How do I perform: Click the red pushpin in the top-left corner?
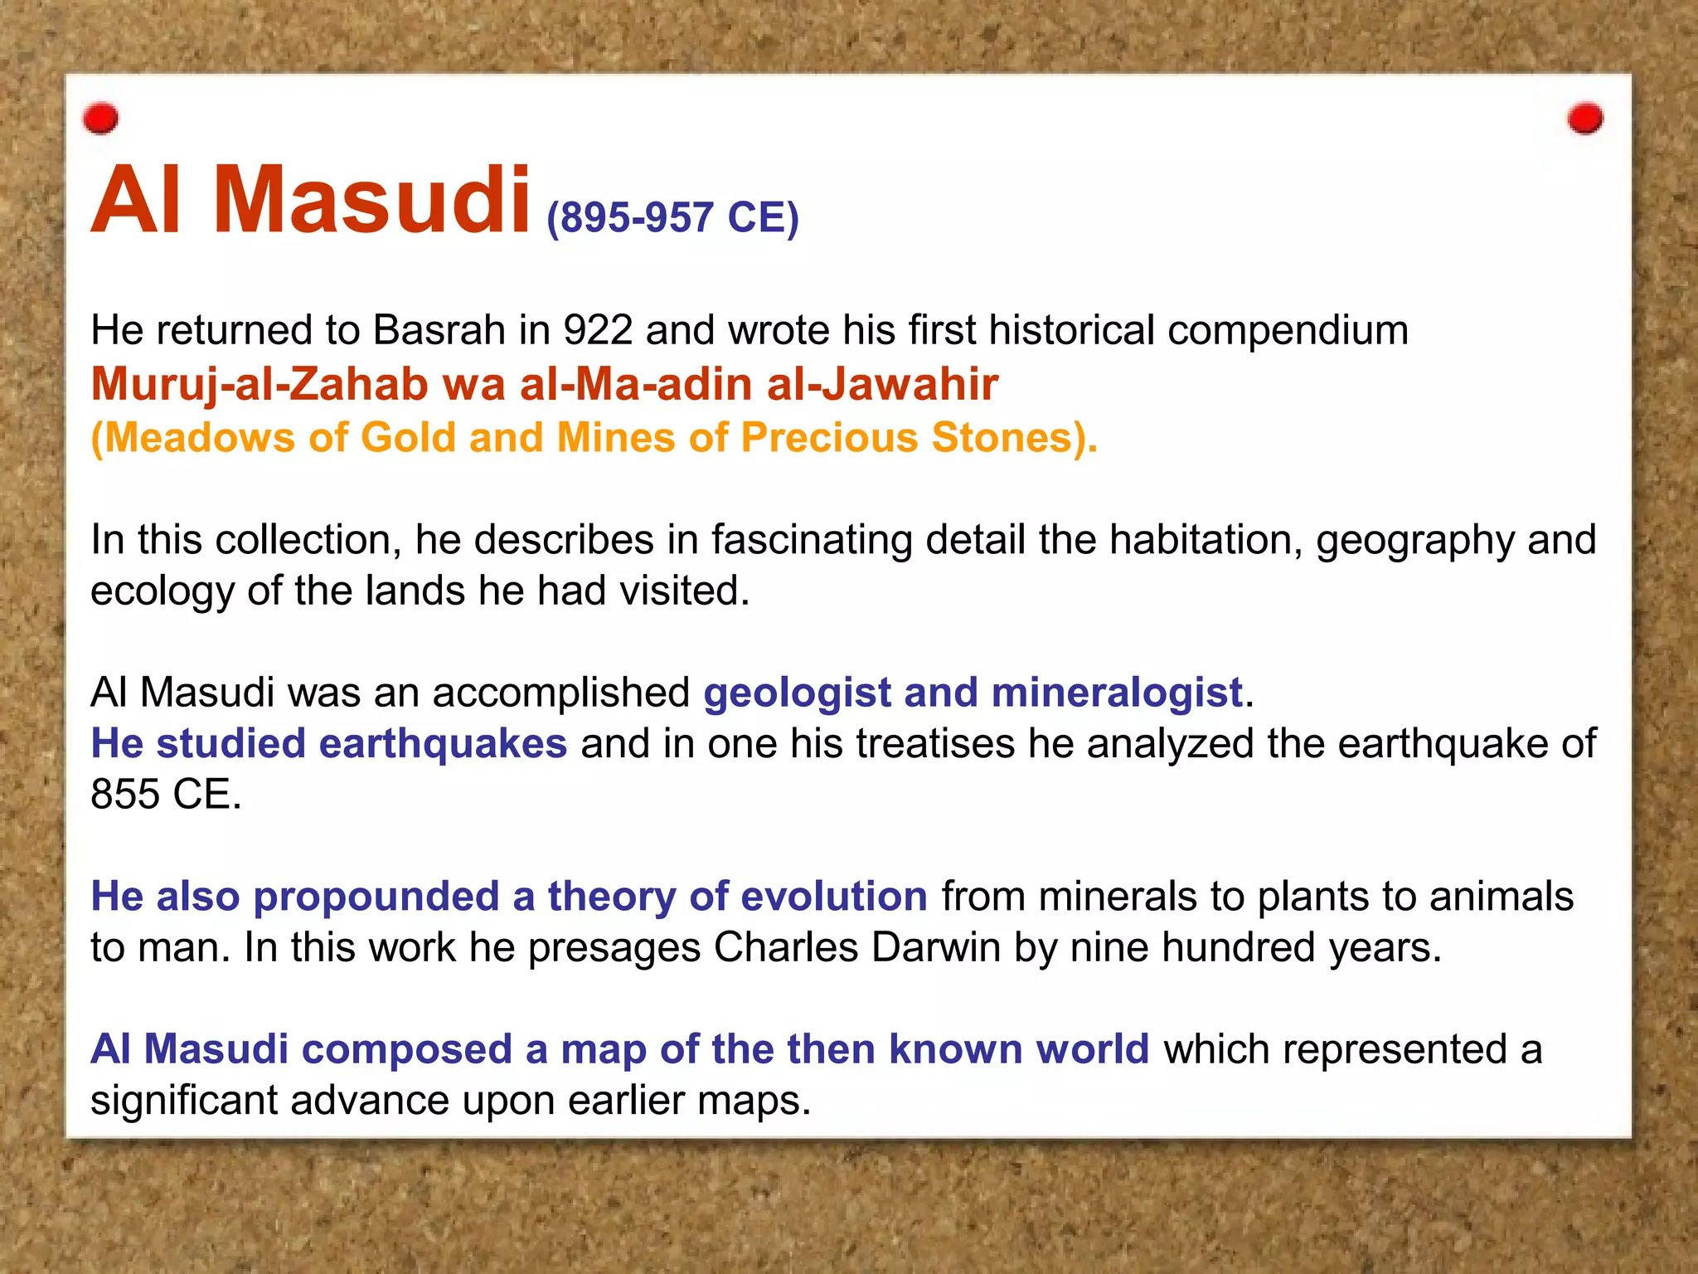tap(101, 119)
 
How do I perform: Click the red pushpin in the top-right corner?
tap(1585, 119)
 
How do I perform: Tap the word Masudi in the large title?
tap(371, 201)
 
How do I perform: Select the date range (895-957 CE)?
tap(672, 218)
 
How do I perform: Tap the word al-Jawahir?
tap(882, 385)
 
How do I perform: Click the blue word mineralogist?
tap(1117, 693)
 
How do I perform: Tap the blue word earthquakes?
tap(443, 744)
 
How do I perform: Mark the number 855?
tap(125, 795)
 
